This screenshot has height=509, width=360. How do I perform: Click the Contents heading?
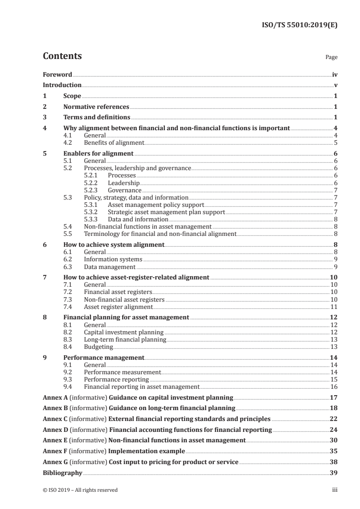coord(62,56)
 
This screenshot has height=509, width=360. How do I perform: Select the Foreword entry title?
coord(57,74)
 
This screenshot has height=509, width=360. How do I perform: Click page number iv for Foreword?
coord(334,74)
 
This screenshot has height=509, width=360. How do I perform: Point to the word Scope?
coord(72,96)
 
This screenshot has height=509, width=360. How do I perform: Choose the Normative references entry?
coord(96,107)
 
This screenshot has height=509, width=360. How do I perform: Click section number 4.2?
coord(68,143)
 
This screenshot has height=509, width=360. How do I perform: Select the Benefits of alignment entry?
coord(114,143)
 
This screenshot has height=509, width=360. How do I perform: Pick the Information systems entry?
coord(113,259)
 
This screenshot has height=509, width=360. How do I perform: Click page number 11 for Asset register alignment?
coord(334,307)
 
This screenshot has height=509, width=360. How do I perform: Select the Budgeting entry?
coord(99,347)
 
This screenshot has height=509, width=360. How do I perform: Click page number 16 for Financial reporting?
coord(334,387)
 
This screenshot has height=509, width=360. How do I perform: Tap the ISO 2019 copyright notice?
coord(80,490)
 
